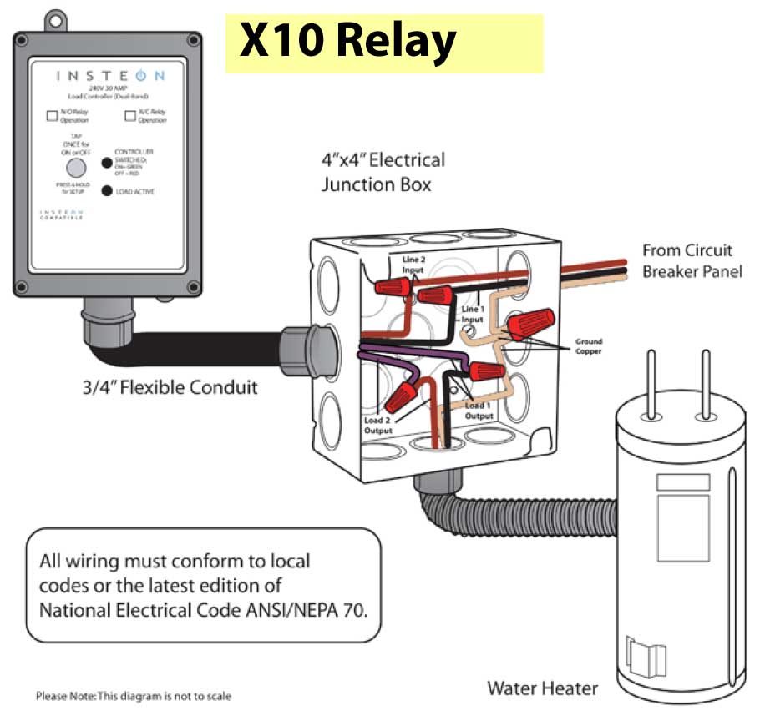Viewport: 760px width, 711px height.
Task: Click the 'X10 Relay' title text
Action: coord(347,42)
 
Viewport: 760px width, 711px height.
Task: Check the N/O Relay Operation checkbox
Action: coord(52,116)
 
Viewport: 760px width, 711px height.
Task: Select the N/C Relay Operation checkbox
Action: coord(130,116)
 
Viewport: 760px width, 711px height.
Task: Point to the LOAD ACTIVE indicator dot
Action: coord(107,191)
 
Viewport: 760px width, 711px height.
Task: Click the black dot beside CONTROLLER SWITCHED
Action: coord(107,163)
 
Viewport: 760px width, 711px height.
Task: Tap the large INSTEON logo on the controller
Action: coord(110,76)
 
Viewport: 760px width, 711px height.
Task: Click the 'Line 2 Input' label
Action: coord(413,265)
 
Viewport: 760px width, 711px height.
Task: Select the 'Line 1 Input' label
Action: coord(473,314)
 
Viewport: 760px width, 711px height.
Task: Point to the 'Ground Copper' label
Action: coord(587,346)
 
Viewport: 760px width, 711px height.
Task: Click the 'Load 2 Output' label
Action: coord(377,425)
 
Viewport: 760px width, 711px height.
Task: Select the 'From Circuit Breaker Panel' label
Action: coord(692,260)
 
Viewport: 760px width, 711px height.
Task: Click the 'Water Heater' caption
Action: coord(543,688)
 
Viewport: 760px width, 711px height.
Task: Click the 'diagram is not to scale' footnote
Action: coord(133,695)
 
